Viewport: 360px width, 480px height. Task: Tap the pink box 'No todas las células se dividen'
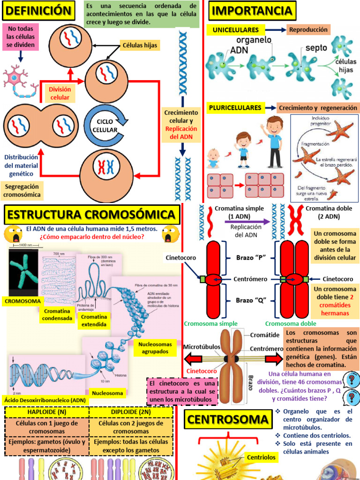click(x=21, y=37)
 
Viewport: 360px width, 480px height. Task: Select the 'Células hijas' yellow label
click(x=139, y=45)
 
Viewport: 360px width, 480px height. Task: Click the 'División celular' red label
click(x=60, y=93)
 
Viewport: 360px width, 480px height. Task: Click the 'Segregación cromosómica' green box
click(x=22, y=190)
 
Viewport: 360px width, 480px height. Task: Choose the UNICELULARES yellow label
click(x=236, y=30)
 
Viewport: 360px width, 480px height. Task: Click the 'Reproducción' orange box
click(x=308, y=30)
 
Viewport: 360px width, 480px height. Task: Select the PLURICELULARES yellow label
click(x=235, y=108)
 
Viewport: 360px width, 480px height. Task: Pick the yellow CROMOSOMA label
click(x=22, y=300)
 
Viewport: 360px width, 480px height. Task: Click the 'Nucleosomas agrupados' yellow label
click(x=155, y=348)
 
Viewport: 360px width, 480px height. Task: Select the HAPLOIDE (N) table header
click(x=46, y=412)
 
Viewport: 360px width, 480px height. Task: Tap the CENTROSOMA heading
click(x=228, y=420)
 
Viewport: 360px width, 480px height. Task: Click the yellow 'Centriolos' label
click(x=260, y=457)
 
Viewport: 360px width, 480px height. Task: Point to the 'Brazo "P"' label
click(x=251, y=257)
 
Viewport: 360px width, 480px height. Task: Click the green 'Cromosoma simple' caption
click(x=210, y=324)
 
